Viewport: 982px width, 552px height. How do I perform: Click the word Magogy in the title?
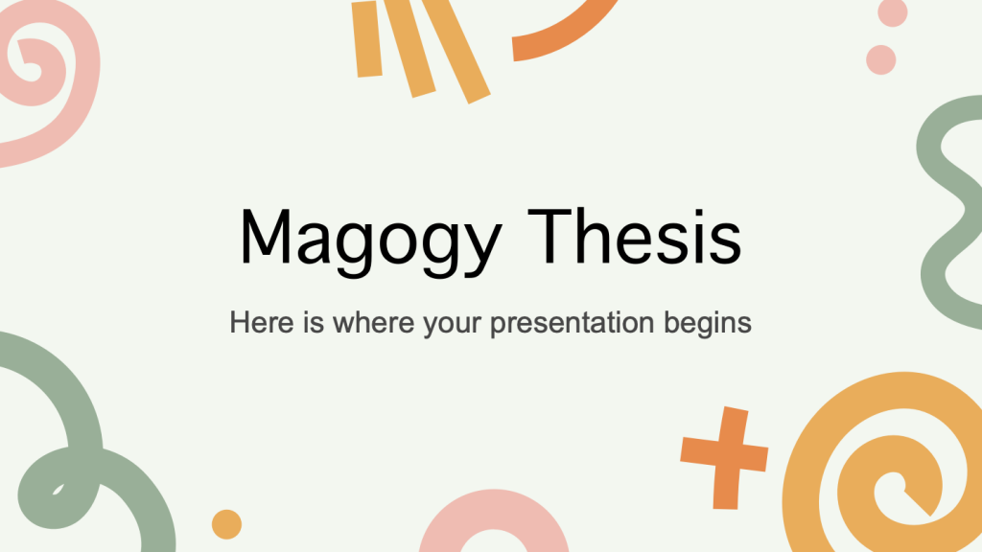370,241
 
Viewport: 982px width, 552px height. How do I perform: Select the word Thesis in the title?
635,236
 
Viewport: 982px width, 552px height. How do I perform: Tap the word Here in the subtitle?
261,322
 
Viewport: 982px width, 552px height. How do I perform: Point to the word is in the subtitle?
314,322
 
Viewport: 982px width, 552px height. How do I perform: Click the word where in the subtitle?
373,322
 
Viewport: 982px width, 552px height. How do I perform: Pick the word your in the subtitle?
453,324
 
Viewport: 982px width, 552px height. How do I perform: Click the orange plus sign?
725,458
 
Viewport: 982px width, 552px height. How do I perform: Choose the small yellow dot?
226,524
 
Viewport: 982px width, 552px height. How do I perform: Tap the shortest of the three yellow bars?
367,38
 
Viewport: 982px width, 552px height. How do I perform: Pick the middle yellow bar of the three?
410,48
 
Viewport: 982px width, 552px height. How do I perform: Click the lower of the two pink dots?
881,60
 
